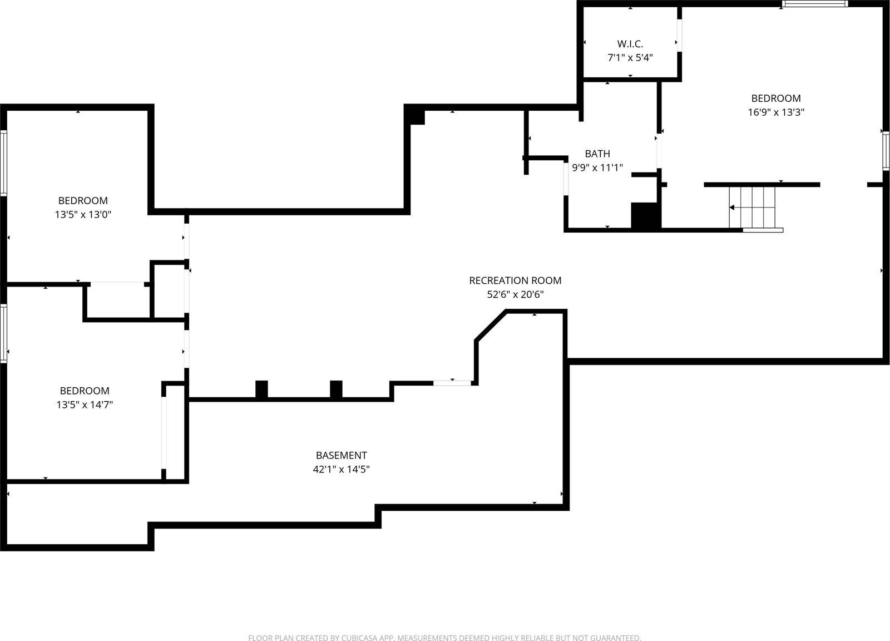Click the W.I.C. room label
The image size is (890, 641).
click(x=630, y=43)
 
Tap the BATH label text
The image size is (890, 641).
click(x=597, y=154)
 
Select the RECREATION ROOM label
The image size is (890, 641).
click(x=515, y=280)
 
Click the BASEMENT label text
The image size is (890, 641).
click(x=342, y=455)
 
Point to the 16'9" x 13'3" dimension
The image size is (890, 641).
click(x=776, y=112)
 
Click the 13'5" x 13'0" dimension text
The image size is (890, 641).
click(x=83, y=214)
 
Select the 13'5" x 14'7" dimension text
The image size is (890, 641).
click(x=85, y=405)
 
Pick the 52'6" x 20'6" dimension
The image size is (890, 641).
click(x=515, y=294)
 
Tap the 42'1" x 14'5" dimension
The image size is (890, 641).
click(x=342, y=469)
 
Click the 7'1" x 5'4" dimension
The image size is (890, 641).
click(x=630, y=57)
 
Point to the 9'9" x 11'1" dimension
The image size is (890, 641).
click(x=597, y=167)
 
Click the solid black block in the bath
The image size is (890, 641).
click(x=645, y=216)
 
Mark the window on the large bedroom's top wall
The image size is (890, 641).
click(x=814, y=4)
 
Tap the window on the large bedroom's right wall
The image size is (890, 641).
click(x=886, y=150)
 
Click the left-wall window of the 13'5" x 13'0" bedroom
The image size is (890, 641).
click(x=3, y=162)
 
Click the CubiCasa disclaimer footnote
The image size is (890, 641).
click(x=444, y=638)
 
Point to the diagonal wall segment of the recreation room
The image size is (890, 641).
click(x=491, y=325)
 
